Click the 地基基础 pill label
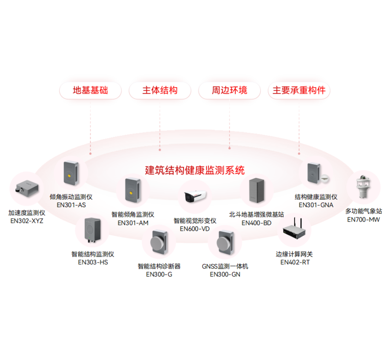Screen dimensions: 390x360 91,91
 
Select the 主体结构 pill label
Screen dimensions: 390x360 160,91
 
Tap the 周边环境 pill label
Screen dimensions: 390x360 229,91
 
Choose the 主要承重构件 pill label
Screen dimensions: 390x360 299,91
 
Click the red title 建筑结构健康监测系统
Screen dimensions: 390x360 195,170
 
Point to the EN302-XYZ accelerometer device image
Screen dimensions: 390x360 27,188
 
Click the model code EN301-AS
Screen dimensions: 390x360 71,205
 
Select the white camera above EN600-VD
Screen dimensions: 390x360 195,196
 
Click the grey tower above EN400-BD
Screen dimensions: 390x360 257,191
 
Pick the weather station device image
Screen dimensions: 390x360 364,187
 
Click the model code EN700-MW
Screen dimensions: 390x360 364,219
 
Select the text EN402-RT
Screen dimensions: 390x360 295,263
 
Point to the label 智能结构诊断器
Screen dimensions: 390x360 159,266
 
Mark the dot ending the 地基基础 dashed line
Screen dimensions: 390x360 91,154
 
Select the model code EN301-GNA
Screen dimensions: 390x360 316,205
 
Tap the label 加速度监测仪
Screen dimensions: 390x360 27,213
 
